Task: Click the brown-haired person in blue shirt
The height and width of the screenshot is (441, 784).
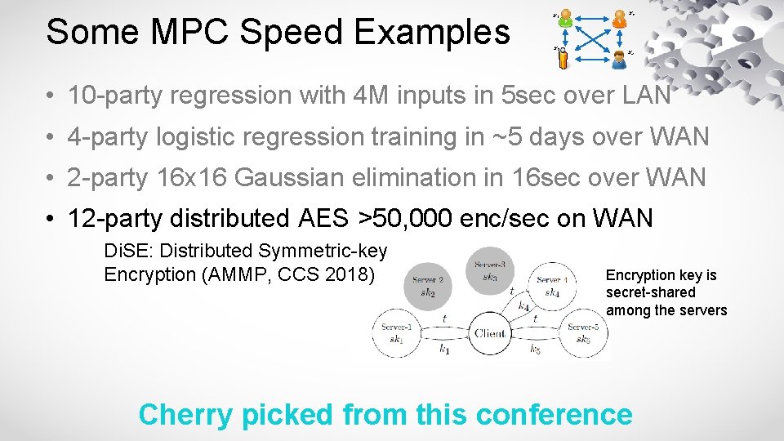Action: [621, 55]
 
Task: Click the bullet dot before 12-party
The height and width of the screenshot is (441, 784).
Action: [51, 219]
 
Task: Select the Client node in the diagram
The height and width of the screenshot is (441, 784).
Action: [489, 333]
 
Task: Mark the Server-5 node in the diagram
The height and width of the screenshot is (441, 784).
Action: [583, 333]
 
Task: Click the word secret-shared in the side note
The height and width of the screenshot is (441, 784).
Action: [650, 292]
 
